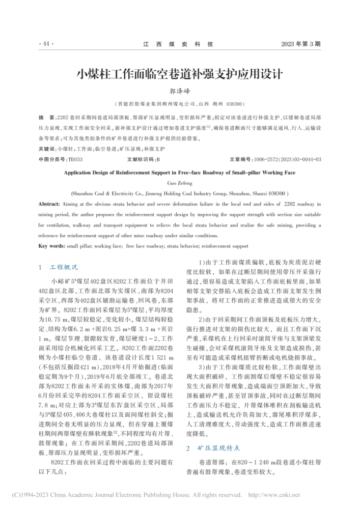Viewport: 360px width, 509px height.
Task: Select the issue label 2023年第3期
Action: [x=301, y=44]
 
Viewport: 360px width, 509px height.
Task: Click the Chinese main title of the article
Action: [x=180, y=73]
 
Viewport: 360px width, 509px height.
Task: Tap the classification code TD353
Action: [x=75, y=159]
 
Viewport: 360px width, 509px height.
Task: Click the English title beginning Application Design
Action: [x=180, y=173]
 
